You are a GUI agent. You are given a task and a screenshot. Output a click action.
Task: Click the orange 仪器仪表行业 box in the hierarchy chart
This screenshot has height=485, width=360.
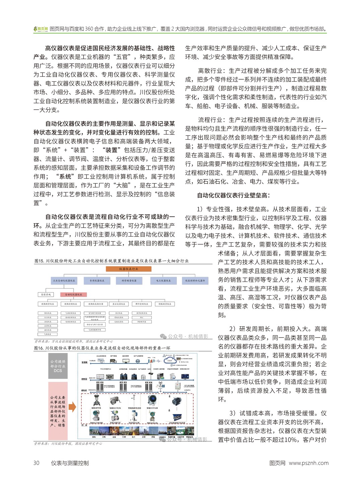(x=129, y=269)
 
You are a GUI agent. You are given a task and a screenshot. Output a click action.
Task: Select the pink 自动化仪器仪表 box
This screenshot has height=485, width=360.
(x=74, y=295)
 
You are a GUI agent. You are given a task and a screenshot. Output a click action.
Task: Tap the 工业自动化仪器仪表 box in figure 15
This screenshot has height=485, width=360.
(x=64, y=280)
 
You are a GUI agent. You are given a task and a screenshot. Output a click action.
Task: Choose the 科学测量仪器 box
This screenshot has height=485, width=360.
(x=129, y=280)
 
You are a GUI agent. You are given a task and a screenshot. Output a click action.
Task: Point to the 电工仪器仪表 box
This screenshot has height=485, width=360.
(x=163, y=280)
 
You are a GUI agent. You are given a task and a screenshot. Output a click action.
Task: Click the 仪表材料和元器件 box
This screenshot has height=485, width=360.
(x=195, y=280)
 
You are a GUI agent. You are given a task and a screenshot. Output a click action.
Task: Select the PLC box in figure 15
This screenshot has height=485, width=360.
(x=142, y=317)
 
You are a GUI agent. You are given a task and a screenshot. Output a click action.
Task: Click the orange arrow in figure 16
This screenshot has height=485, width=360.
(x=72, y=407)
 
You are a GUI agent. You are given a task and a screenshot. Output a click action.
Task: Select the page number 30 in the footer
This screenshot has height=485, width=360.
(x=36, y=463)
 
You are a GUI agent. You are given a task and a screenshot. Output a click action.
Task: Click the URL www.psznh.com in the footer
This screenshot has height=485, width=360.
(x=308, y=463)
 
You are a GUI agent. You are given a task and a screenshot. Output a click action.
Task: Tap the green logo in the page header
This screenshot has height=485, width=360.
(x=41, y=29)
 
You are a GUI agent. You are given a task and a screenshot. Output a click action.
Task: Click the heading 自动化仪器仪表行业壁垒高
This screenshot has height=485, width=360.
(x=233, y=195)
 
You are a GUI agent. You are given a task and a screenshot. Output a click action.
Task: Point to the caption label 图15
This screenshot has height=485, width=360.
(x=39, y=261)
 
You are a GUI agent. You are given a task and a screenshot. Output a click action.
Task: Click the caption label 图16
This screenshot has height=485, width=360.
(x=39, y=348)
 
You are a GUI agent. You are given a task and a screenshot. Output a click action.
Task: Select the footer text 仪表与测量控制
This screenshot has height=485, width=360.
(x=70, y=463)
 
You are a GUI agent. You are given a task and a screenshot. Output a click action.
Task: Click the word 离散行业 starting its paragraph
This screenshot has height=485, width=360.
(x=210, y=71)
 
